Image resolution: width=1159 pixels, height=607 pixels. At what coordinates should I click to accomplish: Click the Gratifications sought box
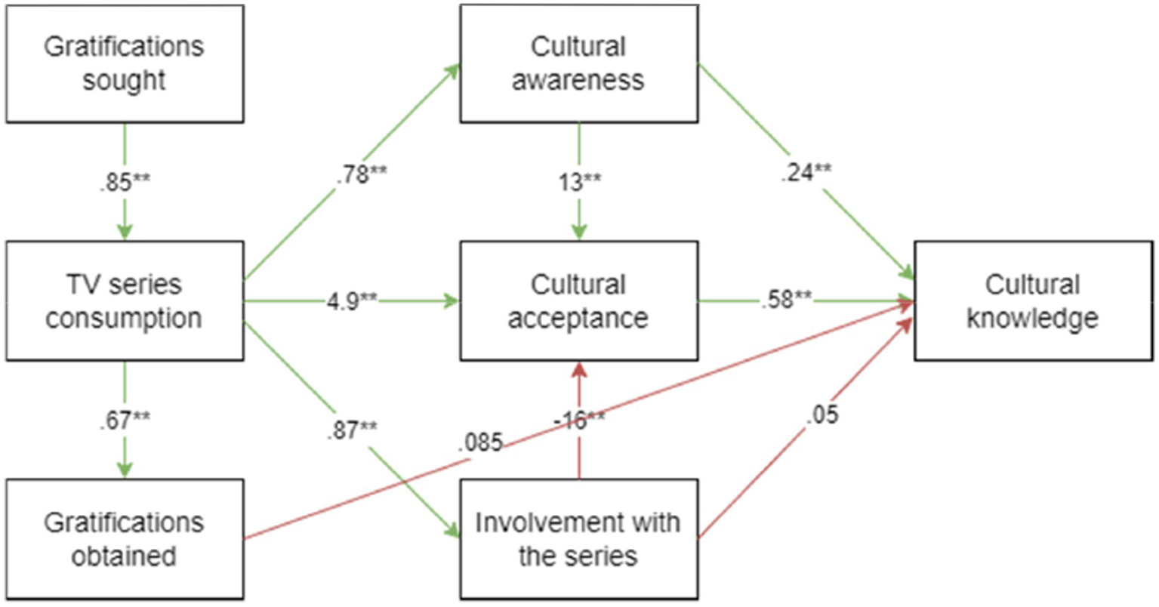(x=125, y=63)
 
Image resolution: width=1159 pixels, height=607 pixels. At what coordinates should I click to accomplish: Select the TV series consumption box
(x=125, y=300)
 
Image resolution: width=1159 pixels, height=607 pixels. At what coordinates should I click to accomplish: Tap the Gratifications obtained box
(x=125, y=538)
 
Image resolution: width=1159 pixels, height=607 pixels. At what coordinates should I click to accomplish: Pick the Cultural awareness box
(x=579, y=63)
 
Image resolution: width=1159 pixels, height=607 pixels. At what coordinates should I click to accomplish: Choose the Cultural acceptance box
(x=579, y=300)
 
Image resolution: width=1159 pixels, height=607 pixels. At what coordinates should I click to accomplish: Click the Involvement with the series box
(x=579, y=538)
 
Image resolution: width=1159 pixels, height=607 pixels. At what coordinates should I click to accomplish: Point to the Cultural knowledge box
(x=1033, y=300)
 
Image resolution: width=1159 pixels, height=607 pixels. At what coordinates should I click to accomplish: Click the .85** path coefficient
(x=125, y=183)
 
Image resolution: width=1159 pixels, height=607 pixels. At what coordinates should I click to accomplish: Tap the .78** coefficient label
(x=360, y=174)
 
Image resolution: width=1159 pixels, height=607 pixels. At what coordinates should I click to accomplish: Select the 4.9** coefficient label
(x=352, y=300)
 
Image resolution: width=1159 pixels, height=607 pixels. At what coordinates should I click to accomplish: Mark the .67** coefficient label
(x=125, y=420)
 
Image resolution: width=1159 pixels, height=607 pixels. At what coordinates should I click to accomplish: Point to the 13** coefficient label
(x=579, y=183)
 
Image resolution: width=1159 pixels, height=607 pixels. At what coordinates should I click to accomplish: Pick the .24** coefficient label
(x=806, y=173)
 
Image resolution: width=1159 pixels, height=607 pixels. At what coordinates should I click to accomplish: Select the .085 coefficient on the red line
(x=479, y=442)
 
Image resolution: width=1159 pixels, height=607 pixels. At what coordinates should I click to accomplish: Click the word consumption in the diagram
(x=125, y=318)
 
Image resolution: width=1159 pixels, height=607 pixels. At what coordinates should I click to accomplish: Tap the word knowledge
(x=1033, y=318)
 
